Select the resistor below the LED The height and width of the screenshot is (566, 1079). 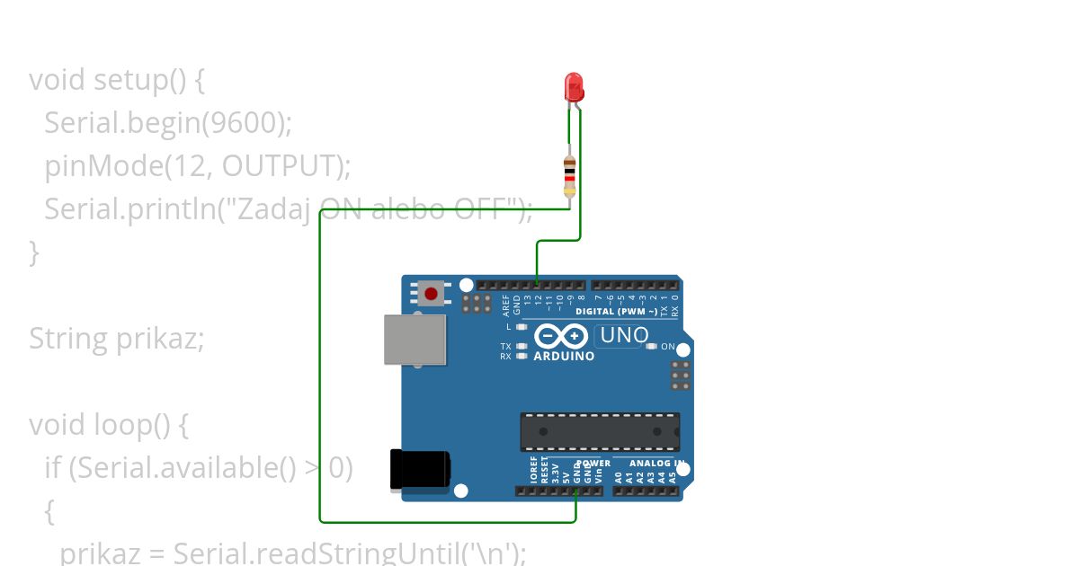pos(569,175)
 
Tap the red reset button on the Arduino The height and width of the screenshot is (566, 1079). pos(432,293)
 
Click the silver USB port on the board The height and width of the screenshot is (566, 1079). pos(415,340)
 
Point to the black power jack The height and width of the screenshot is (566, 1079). pos(419,470)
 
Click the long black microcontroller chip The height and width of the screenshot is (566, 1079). pos(600,432)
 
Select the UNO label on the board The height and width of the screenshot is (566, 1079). pos(624,335)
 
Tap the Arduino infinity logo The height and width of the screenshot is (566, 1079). pos(562,337)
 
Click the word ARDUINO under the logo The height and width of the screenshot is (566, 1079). pos(564,356)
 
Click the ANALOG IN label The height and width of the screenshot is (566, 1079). pos(655,464)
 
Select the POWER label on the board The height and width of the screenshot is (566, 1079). pos(593,464)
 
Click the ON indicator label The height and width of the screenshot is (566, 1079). pos(668,347)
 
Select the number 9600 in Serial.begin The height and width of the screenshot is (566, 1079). pos(242,123)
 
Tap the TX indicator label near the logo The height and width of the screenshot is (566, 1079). pos(506,347)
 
